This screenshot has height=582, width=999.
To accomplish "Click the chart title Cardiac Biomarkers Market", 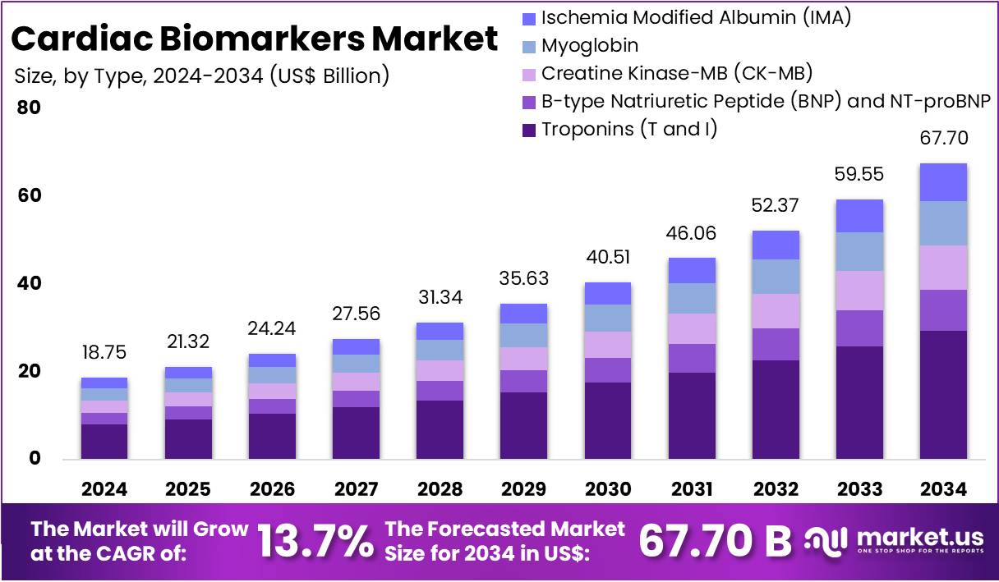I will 255,39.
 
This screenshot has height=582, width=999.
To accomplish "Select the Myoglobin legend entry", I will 589,45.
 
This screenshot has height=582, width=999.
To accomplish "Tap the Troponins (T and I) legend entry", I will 628,129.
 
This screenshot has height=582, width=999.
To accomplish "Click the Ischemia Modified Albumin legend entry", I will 695,17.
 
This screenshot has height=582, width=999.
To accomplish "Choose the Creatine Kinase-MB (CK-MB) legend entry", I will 676,73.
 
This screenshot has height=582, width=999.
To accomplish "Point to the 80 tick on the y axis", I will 29,108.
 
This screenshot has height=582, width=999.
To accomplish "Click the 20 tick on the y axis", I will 29,372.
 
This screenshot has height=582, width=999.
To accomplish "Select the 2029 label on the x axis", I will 524,489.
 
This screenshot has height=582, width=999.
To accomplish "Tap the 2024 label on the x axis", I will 104,489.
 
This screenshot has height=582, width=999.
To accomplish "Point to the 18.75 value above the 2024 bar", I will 104,352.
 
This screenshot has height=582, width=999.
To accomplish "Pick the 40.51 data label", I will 608,257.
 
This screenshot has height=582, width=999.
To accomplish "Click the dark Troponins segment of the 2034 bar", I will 943,394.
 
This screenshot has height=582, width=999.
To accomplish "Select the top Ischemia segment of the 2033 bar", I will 859,215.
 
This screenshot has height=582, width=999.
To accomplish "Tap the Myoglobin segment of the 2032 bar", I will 776,277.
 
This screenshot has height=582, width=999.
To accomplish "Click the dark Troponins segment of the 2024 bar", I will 104,441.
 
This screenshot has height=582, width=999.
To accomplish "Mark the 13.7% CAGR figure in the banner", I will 315,540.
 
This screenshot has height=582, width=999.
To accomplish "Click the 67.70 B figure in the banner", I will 715,540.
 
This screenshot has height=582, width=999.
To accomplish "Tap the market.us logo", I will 895,540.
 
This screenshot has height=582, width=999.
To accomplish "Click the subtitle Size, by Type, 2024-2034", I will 202,76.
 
